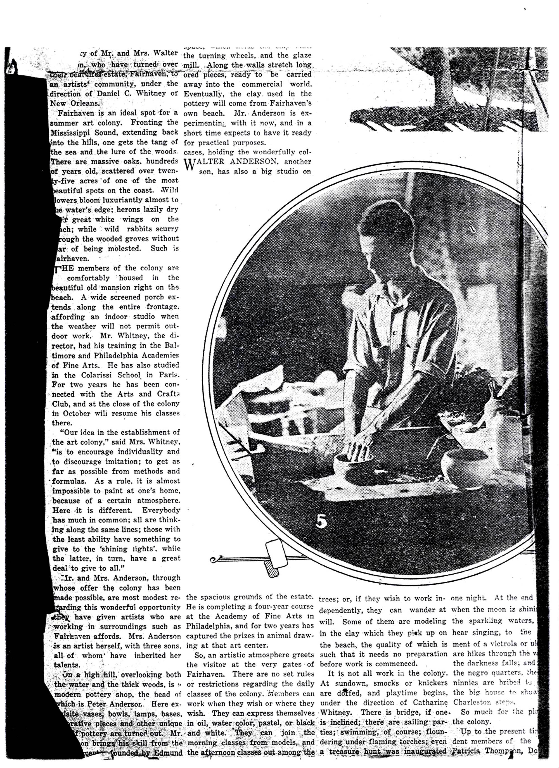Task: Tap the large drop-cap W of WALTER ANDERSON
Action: [190, 165]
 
